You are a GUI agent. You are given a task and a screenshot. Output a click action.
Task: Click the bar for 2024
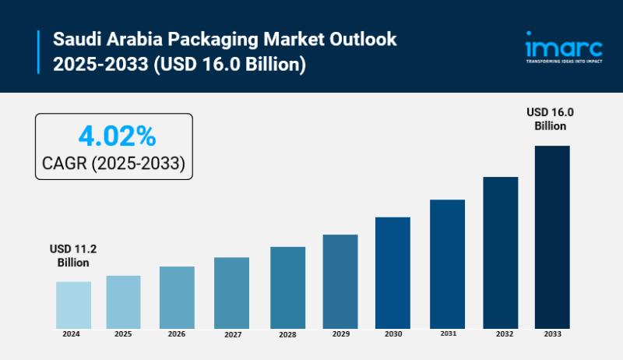73,305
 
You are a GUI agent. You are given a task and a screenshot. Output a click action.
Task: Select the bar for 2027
231,292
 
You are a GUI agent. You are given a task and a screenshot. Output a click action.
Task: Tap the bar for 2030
392,273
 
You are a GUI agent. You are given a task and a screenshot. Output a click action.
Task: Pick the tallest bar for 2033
551,237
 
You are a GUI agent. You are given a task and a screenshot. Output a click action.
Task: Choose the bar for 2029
340,281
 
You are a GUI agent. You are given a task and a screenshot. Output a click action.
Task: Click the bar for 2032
500,252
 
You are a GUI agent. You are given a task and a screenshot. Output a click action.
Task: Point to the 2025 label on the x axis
125,334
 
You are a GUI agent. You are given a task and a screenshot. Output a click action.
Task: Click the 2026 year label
177,334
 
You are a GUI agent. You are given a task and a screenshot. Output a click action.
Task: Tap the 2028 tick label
286,335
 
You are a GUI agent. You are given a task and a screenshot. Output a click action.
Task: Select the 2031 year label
446,334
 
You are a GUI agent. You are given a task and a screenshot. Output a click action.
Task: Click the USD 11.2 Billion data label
73,256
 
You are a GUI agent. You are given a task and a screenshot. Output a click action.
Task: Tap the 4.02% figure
117,136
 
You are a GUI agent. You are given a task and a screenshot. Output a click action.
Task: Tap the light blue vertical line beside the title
38,51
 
